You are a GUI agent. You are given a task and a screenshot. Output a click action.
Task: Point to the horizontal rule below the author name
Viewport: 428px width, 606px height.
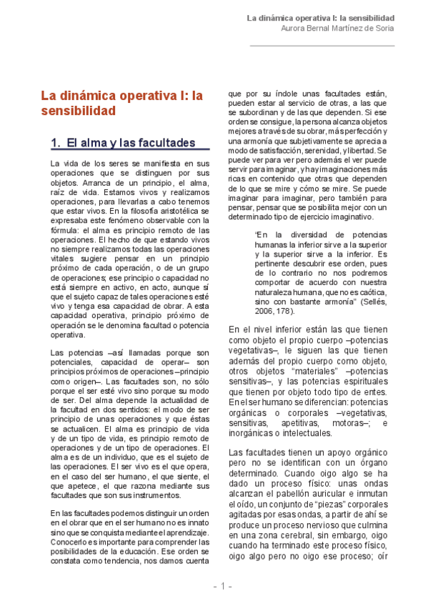click(x=322, y=46)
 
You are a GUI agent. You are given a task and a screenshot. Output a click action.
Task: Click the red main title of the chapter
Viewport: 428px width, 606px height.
click(x=122, y=103)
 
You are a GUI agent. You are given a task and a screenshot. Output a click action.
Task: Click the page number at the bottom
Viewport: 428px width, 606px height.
click(x=222, y=586)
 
